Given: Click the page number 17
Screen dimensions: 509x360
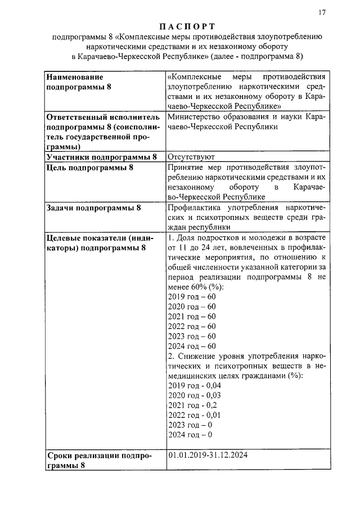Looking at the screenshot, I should (x=322, y=12).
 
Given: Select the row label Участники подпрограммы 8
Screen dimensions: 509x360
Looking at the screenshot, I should (x=102, y=157).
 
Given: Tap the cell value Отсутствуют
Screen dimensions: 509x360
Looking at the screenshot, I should (x=191, y=157).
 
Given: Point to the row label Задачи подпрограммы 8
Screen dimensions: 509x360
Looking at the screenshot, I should (x=93, y=208).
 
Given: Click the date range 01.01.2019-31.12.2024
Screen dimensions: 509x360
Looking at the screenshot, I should (x=208, y=454).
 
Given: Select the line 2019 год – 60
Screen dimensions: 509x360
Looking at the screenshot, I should (x=192, y=296).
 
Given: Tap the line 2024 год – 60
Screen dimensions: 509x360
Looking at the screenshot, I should (x=192, y=346).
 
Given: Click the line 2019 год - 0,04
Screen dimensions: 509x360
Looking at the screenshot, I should (x=194, y=385).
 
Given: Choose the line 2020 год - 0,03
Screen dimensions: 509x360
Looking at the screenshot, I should (x=194, y=395).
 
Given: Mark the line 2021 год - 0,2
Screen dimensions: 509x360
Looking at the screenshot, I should (x=192, y=405).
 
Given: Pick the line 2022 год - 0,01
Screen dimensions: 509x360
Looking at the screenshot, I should (x=194, y=415).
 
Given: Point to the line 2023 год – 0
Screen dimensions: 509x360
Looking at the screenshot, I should (x=190, y=425).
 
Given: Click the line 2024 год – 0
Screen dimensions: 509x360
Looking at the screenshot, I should (x=190, y=435).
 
